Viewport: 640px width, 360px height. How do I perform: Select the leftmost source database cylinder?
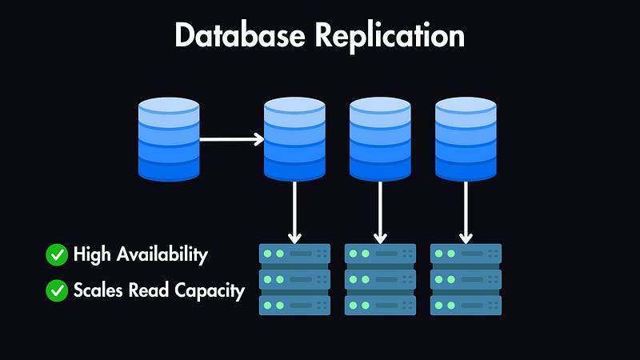point(168,138)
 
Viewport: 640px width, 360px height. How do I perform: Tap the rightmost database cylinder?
point(466,138)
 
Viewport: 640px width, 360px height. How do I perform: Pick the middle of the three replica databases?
point(380,138)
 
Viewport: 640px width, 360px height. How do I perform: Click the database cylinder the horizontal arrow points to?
point(295,138)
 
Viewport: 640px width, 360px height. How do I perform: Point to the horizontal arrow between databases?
point(231,139)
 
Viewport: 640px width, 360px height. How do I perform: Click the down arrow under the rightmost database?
point(466,211)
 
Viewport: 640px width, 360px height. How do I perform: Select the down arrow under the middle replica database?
point(380,211)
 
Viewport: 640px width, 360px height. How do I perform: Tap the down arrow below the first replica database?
point(295,211)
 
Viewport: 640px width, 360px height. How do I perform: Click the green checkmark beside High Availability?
point(57,255)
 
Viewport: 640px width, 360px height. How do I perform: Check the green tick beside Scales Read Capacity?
point(57,290)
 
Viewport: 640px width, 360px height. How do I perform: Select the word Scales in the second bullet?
point(96,290)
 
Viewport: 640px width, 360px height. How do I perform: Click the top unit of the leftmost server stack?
point(295,254)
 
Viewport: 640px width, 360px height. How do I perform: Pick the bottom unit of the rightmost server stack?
point(466,305)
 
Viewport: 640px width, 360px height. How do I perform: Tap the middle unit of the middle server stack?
point(380,279)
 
